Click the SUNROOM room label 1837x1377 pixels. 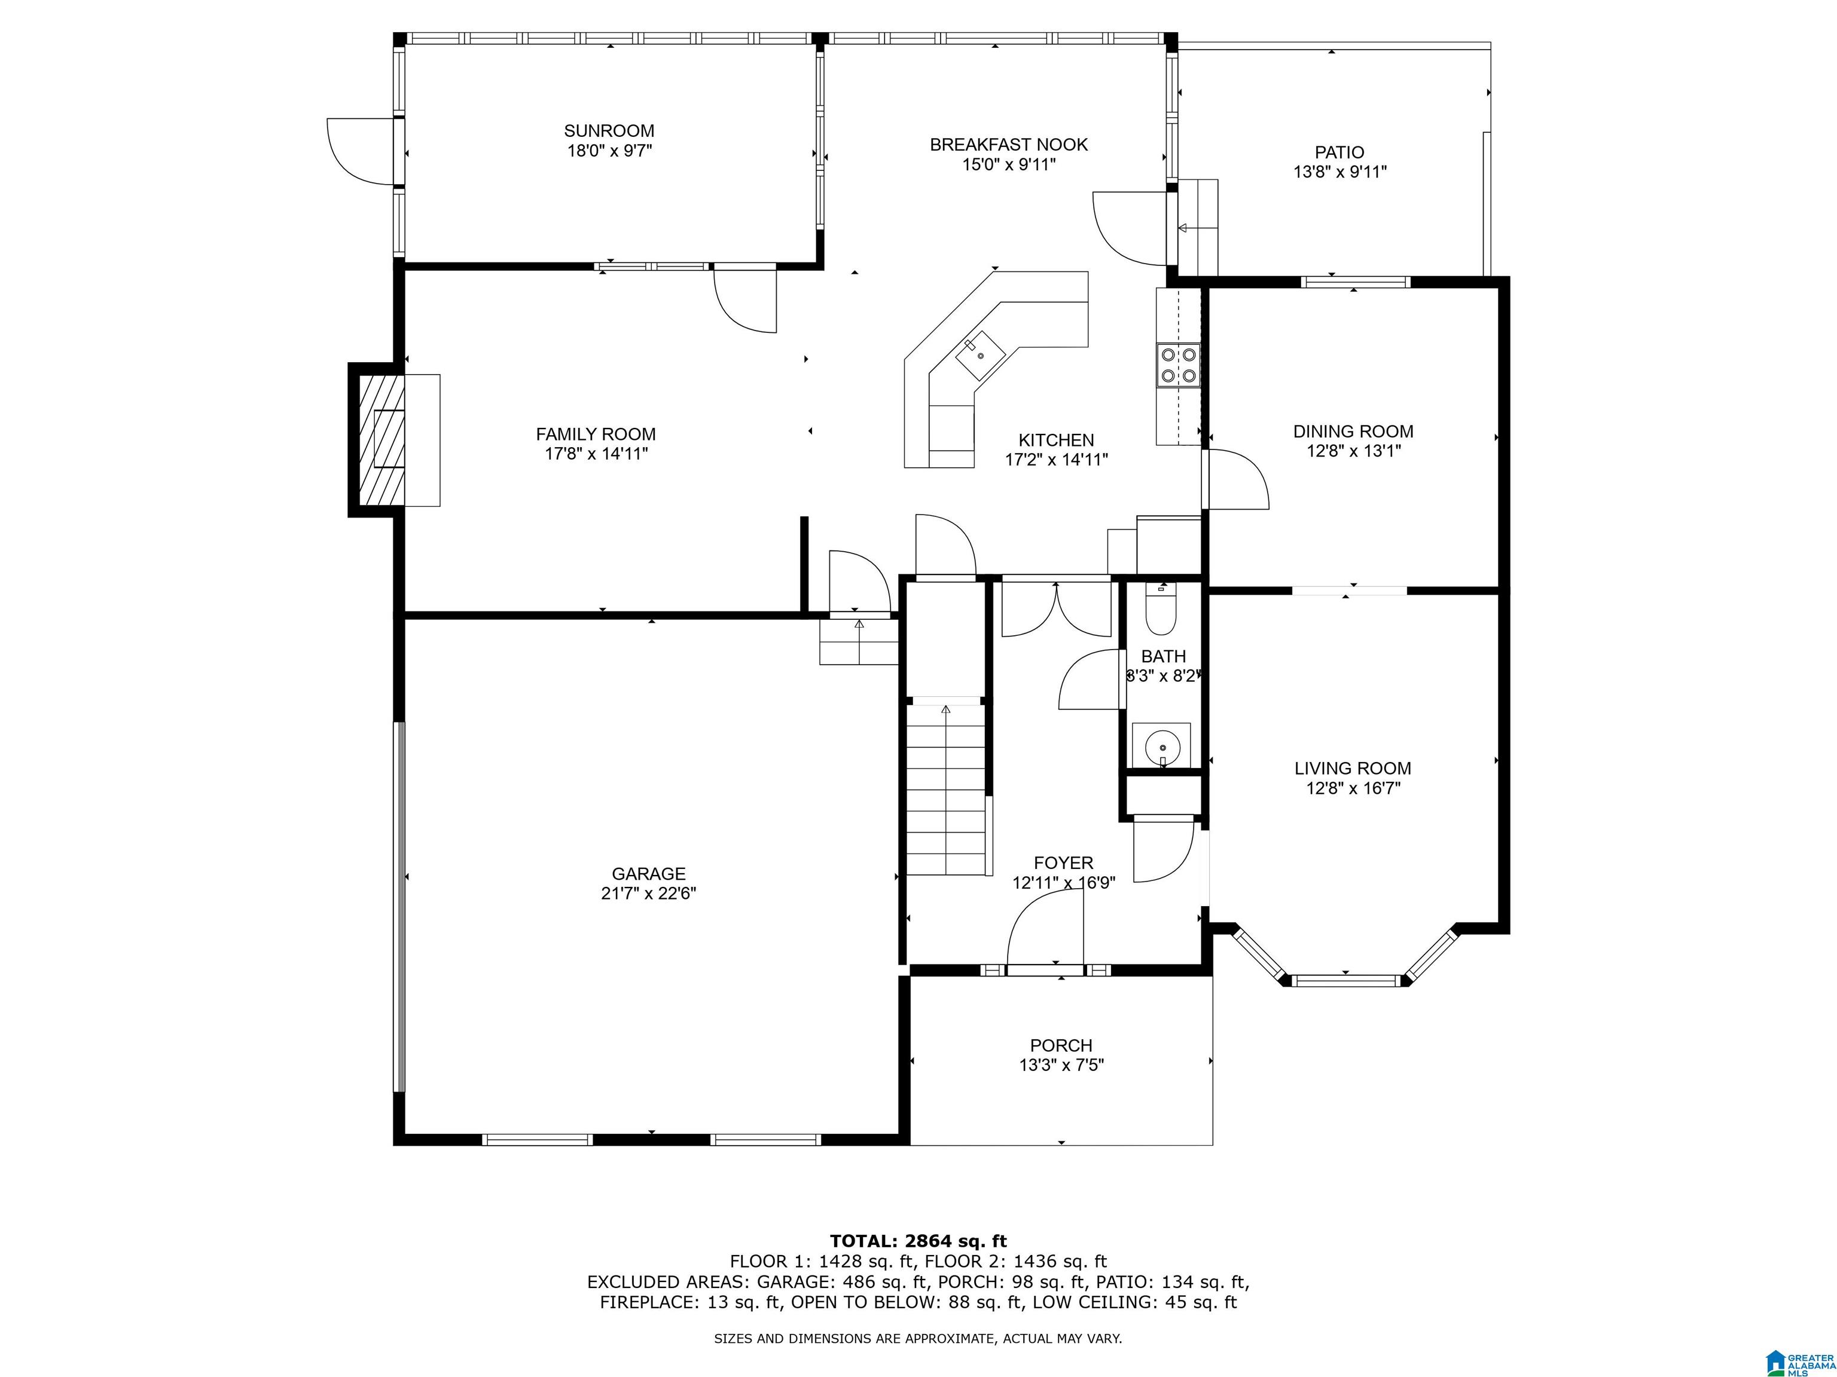pyautogui.click(x=609, y=131)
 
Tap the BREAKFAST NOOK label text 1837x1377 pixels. pyautogui.click(x=1008, y=145)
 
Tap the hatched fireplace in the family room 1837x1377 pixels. pyautogui.click(x=381, y=440)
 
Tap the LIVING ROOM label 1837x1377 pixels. pyautogui.click(x=1353, y=769)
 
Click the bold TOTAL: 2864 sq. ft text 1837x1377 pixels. pyautogui.click(x=918, y=1241)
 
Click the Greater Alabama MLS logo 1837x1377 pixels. pyautogui.click(x=1800, y=1362)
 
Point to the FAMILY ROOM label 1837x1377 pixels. pyautogui.click(x=596, y=434)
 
